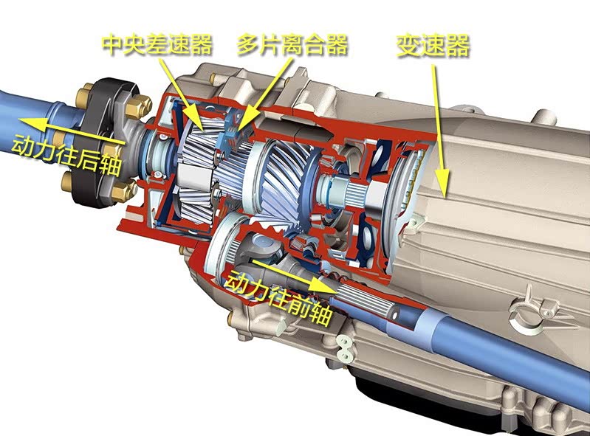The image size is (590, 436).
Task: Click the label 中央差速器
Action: click(157, 44)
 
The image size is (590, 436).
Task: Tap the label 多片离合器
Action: click(292, 44)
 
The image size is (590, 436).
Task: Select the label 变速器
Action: click(433, 46)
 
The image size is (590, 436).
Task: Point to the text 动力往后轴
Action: click(66, 156)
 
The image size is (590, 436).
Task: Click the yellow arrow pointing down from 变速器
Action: click(440, 131)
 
